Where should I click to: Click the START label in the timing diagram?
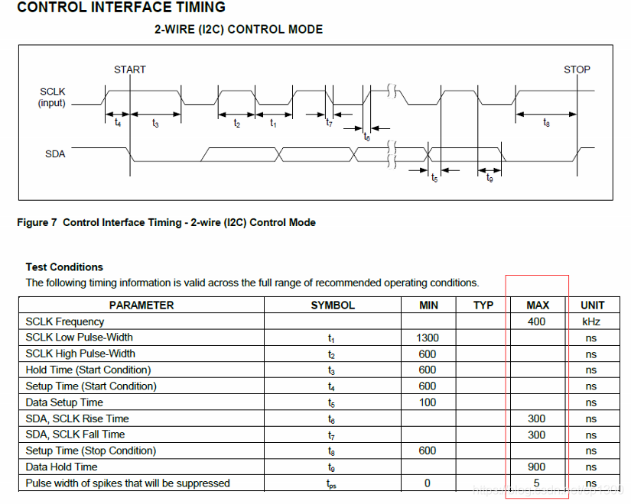click(129, 69)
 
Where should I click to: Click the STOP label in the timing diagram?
click(577, 69)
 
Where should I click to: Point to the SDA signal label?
click(55, 153)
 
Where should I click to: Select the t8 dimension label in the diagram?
click(546, 124)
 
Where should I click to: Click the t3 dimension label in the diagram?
click(155, 124)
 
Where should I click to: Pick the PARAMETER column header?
click(141, 305)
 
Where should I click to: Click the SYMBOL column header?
click(333, 305)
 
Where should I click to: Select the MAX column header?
click(538, 305)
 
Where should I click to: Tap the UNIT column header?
click(592, 305)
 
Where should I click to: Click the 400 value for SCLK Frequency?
click(537, 321)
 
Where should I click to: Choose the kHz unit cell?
click(591, 321)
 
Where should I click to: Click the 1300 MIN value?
click(428, 338)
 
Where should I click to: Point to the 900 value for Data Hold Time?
click(537, 467)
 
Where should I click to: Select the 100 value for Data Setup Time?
click(428, 402)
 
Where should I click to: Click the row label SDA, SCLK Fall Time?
click(75, 435)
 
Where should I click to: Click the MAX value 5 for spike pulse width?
click(537, 483)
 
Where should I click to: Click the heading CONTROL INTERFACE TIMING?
click(121, 8)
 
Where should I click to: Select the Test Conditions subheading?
click(64, 267)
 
